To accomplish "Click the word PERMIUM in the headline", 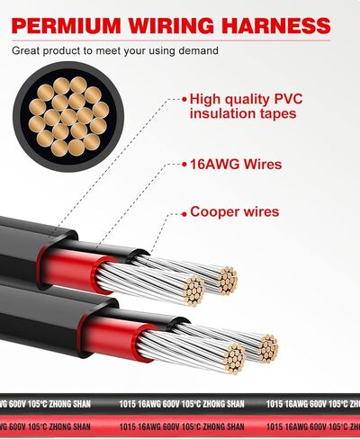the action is coord(67,25).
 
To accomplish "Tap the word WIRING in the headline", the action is coord(171,25).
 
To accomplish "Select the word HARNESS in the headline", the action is coord(276,25).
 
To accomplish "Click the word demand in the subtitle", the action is coord(198,50).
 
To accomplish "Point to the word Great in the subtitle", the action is coord(25,50).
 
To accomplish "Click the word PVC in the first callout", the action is coord(288,99).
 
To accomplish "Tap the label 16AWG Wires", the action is coord(236,165).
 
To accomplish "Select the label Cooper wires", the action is coord(235,211).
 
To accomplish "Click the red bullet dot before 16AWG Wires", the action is coord(184,165).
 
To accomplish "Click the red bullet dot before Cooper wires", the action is coord(184,214).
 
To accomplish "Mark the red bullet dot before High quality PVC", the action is coord(184,99).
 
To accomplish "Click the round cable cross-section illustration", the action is coord(68,116).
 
